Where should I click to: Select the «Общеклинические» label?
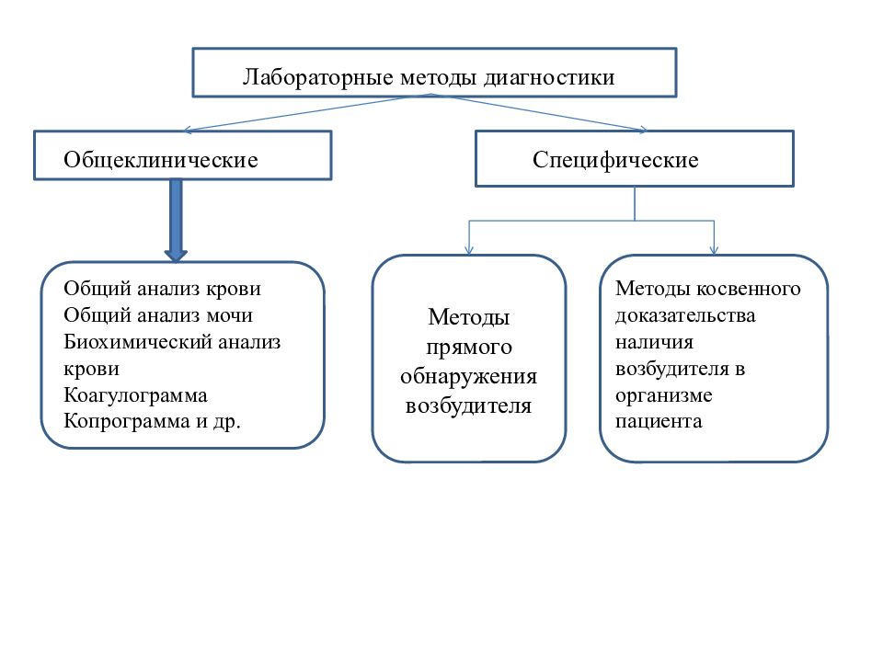(x=160, y=160)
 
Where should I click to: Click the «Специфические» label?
(x=615, y=160)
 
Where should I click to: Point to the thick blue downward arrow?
(x=176, y=221)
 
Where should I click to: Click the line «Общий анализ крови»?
(x=162, y=288)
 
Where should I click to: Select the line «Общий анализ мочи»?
(x=158, y=314)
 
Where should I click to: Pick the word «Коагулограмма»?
(x=135, y=395)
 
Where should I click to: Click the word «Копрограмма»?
(x=127, y=421)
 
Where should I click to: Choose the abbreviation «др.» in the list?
(x=226, y=422)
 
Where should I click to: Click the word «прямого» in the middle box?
(x=469, y=348)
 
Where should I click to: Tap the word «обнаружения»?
(x=468, y=377)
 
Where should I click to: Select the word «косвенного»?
(x=749, y=288)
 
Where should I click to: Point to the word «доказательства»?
(x=685, y=315)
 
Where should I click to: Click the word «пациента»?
(x=659, y=422)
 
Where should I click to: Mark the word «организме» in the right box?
(x=663, y=395)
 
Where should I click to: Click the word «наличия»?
(x=654, y=342)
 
